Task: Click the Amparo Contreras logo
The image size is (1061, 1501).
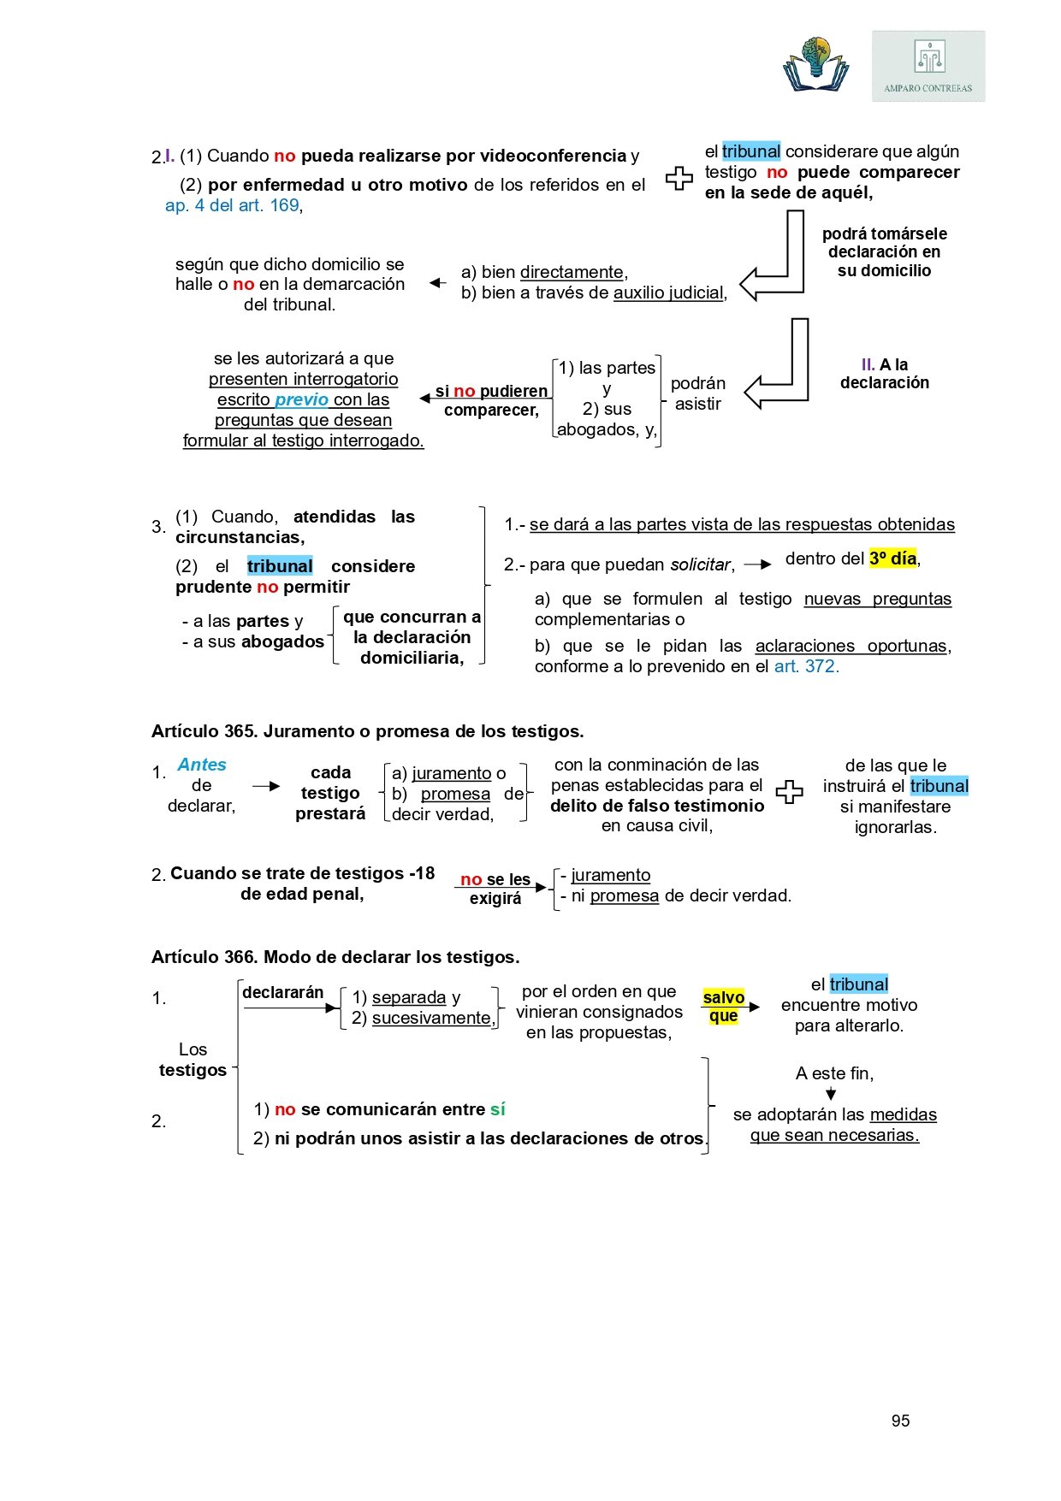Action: click(x=928, y=66)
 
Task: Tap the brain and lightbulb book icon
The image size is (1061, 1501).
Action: click(x=815, y=65)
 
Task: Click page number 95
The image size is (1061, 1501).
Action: click(x=900, y=1421)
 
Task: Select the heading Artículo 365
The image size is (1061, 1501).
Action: click(x=367, y=731)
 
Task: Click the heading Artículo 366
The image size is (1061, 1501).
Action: click(x=335, y=957)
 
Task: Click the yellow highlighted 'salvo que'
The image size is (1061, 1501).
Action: click(x=723, y=1007)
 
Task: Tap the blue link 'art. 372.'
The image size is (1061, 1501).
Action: click(x=806, y=666)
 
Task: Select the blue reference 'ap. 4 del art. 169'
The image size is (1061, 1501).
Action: click(x=232, y=205)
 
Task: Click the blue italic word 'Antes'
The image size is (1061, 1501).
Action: click(x=202, y=765)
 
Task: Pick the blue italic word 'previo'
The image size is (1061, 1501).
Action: click(x=301, y=399)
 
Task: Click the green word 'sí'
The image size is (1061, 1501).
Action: click(x=498, y=1109)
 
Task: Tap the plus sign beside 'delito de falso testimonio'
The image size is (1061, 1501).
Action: click(x=789, y=793)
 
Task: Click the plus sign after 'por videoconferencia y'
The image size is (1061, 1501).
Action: click(x=679, y=178)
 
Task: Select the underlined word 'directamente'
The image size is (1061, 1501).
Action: click(x=572, y=272)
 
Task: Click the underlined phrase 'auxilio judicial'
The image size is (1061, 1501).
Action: click(x=668, y=293)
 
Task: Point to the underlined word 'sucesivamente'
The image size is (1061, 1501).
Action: click(x=432, y=1018)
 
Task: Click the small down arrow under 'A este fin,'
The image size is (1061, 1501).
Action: click(x=831, y=1094)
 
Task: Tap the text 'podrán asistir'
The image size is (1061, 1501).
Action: click(x=698, y=393)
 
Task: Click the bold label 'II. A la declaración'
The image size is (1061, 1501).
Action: click(x=885, y=374)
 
